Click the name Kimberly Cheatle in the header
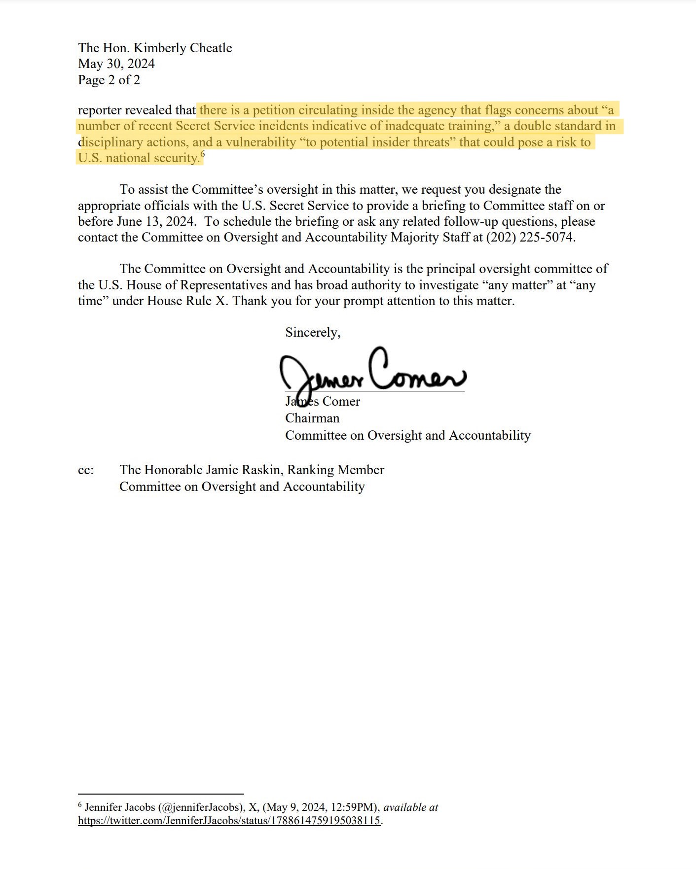[x=183, y=48]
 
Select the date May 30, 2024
[x=116, y=64]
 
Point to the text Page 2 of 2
[x=109, y=80]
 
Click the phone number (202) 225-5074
[x=530, y=238]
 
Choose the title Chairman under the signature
[x=312, y=418]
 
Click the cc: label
[x=86, y=470]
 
